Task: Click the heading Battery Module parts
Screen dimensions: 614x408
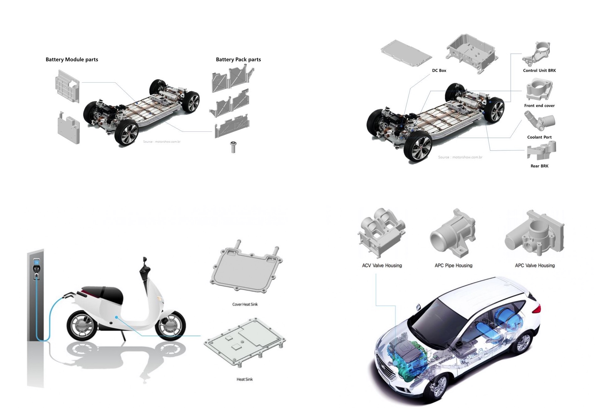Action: tap(72, 59)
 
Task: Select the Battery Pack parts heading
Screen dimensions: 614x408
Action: tap(238, 59)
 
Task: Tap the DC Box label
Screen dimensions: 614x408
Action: tap(439, 70)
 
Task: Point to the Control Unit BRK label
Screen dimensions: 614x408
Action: tap(539, 70)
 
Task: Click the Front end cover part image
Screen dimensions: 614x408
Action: tap(539, 89)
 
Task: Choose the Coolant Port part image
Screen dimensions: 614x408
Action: tap(540, 121)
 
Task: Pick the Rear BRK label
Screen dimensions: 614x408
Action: tap(539, 166)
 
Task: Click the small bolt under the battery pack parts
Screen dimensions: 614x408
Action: tap(233, 147)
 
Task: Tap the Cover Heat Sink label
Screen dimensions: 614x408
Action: tap(245, 304)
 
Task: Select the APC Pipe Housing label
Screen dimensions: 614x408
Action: tap(453, 265)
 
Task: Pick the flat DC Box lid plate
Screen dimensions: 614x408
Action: tap(406, 53)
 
